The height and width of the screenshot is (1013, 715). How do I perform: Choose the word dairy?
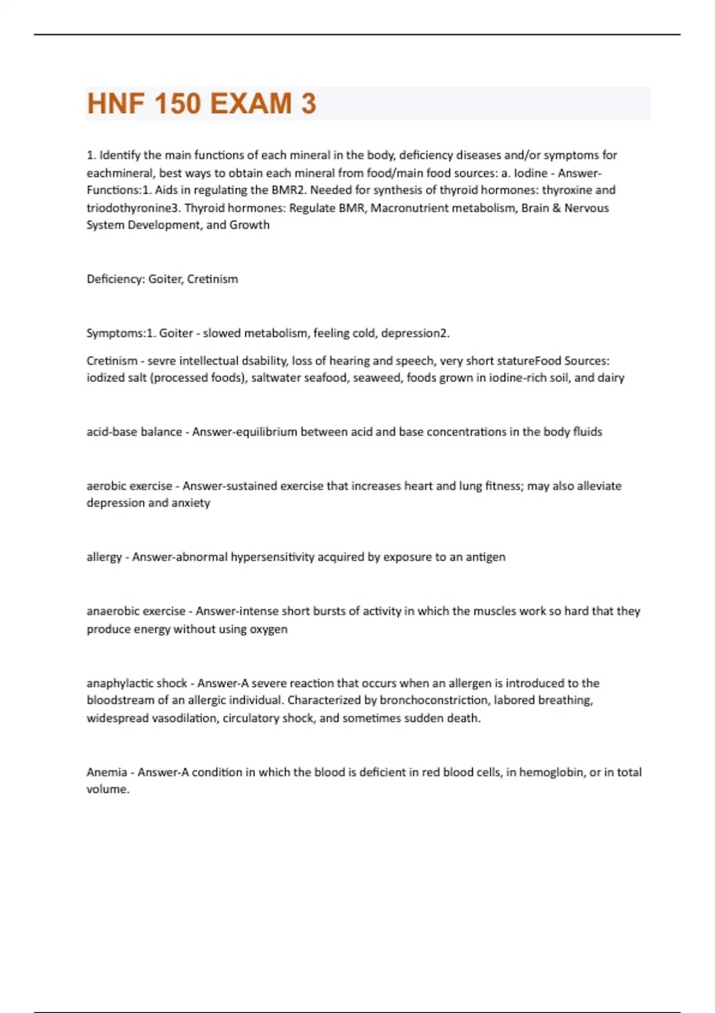611,378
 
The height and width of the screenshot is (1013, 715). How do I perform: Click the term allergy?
104,557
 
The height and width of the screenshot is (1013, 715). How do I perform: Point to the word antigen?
485,557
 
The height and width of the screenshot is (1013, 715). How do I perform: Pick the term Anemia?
107,772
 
